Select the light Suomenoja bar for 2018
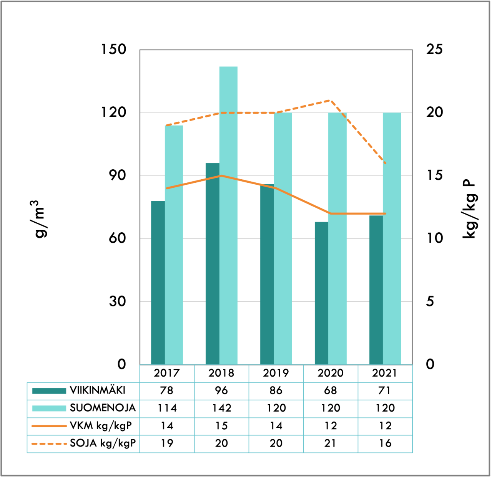pos(228,215)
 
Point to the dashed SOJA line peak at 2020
pos(330,100)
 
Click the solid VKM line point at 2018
pos(221,176)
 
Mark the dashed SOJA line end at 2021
pos(385,163)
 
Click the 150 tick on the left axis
pos(113,50)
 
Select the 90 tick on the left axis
pos(117,175)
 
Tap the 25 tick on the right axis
pos(434,50)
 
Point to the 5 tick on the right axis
pos(430,301)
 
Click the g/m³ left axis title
pos(40,219)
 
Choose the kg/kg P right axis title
pos(470,209)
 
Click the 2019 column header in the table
pos(276,373)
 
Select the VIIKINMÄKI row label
pos(98,390)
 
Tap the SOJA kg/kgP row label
pos(103,443)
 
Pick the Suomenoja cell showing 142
pos(221,408)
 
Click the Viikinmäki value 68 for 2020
pos(331,390)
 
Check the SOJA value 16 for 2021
pos(385,443)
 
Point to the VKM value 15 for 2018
pos(221,426)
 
